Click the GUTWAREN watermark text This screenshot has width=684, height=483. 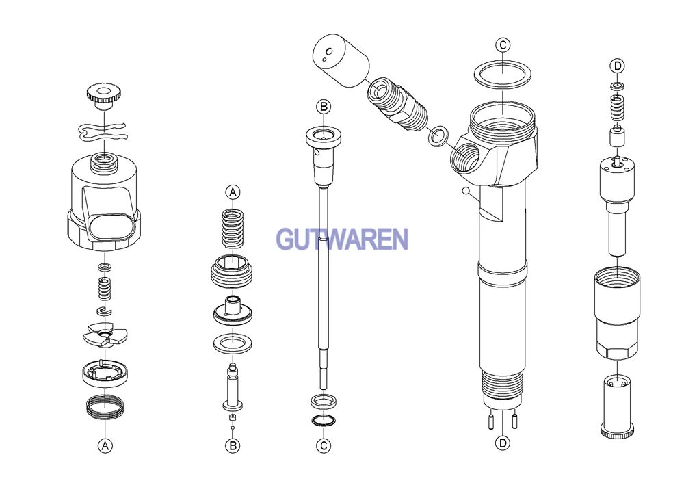point(343,239)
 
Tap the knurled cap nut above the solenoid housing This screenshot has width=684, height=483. point(104,98)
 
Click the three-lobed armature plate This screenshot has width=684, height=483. point(105,335)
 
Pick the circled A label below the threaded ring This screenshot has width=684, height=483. point(105,446)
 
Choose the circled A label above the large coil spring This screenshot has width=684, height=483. point(233,192)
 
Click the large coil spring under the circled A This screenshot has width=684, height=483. point(233,229)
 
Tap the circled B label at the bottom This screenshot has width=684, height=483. point(233,446)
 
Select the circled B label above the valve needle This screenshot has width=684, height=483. point(324,107)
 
